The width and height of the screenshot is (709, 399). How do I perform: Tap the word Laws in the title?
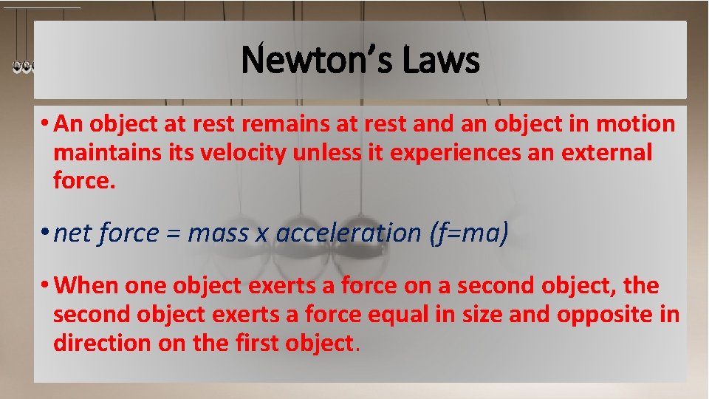pyautogui.click(x=441, y=60)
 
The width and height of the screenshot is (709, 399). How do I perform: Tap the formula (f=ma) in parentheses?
pyautogui.click(x=469, y=233)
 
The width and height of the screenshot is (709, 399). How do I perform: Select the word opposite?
pyautogui.click(x=605, y=315)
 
